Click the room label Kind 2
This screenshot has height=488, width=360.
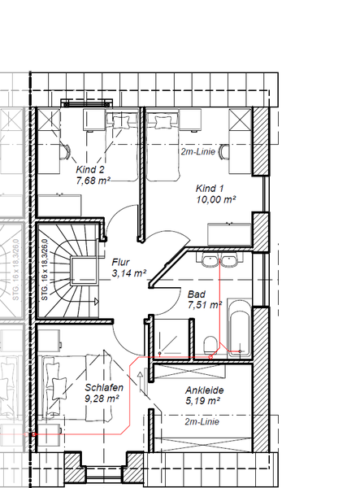tap(90, 170)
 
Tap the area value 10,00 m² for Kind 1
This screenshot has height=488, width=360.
tap(215, 199)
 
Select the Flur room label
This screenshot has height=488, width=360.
tap(120, 262)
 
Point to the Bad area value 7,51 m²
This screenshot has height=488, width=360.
tap(205, 305)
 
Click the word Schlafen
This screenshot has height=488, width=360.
tap(104, 387)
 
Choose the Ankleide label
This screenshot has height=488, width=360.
tap(205, 390)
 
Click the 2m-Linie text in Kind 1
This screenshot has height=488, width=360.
tap(198, 151)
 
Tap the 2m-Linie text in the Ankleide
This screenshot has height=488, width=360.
tap(202, 421)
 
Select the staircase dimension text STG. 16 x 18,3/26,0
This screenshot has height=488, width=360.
tap(45, 270)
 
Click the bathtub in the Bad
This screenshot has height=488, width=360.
tap(240, 328)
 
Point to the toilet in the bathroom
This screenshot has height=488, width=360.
tap(210, 346)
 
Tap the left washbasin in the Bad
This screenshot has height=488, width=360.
tap(210, 259)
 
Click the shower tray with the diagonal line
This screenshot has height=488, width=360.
tap(171, 338)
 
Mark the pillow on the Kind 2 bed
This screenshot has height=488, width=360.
tap(121, 121)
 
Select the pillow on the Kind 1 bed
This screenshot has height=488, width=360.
tap(163, 122)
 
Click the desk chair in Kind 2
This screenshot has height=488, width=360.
tap(65, 151)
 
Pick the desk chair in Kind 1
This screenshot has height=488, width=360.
tap(223, 151)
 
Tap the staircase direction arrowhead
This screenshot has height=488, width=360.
tap(97, 302)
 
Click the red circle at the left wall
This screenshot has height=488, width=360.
tap(34, 434)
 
